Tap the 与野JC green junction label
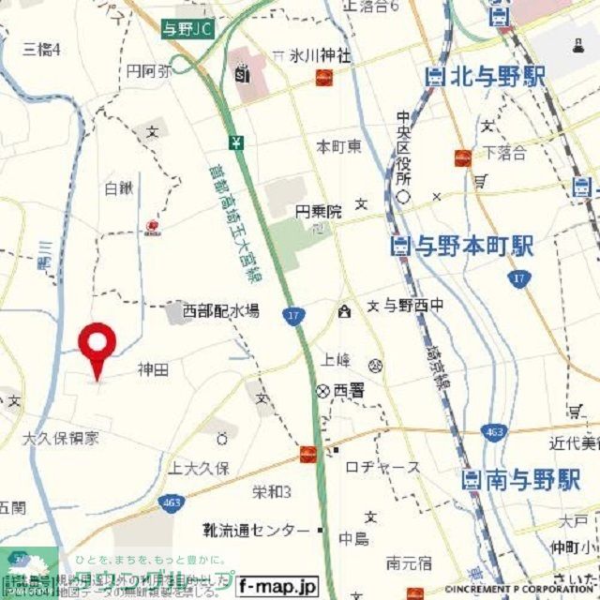tap(187, 30)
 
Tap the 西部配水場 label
tap(221, 309)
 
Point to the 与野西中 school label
tap(412, 306)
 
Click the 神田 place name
tap(153, 370)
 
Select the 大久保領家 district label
tap(61, 437)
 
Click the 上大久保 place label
tap(199, 468)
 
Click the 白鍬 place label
tap(119, 188)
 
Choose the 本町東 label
tap(338, 147)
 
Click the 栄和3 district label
tap(272, 492)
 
